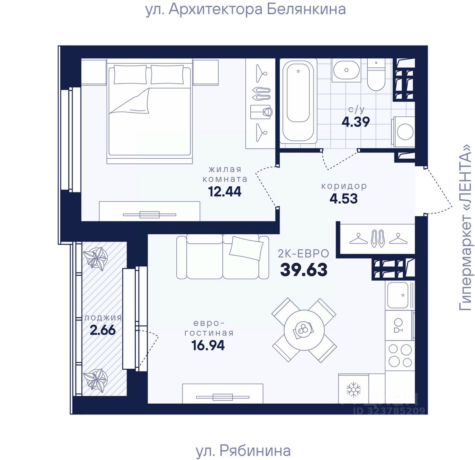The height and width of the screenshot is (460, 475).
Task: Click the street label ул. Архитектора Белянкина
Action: pyautogui.click(x=246, y=10)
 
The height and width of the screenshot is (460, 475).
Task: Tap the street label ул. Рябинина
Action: pyautogui.click(x=243, y=451)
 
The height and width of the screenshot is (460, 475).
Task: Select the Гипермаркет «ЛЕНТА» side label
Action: pyautogui.click(x=465, y=227)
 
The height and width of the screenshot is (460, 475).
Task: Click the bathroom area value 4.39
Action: pyautogui.click(x=356, y=122)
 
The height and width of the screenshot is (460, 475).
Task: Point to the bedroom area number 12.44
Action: pyautogui.click(x=225, y=192)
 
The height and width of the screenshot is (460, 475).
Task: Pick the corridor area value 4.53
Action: pyautogui.click(x=344, y=199)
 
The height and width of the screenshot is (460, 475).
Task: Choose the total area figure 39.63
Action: pyautogui.click(x=304, y=270)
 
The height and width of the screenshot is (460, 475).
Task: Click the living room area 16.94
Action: pyautogui.click(x=208, y=345)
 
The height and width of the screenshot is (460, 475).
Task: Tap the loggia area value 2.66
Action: pyautogui.click(x=103, y=330)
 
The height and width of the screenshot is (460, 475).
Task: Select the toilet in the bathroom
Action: pyautogui.click(x=376, y=75)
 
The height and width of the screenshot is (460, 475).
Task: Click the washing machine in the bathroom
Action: pyautogui.click(x=403, y=132)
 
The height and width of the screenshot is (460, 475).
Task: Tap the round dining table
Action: pyautogui.click(x=304, y=330)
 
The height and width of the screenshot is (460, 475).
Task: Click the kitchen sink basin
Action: pyautogui.click(x=398, y=295)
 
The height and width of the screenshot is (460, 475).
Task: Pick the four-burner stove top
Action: pyautogui.click(x=400, y=356)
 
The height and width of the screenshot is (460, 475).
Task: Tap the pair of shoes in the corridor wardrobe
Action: pyautogui.click(x=377, y=238)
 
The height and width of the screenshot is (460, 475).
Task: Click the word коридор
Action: pyautogui.click(x=344, y=186)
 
